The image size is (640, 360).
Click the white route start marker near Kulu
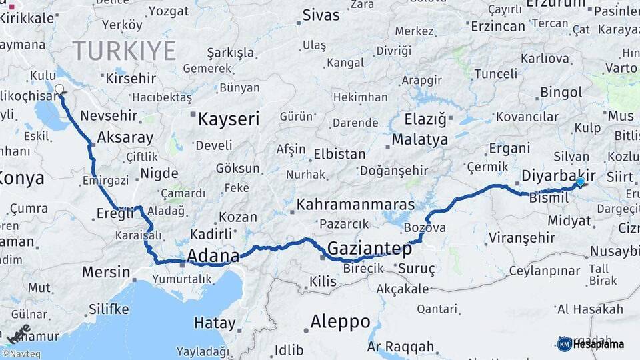point(59,89)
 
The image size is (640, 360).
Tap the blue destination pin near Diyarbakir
point(580,181)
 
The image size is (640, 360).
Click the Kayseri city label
point(229,119)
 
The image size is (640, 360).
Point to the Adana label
point(213,256)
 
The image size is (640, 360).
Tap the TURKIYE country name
point(124,51)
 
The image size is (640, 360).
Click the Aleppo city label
point(340,321)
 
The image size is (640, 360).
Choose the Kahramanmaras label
point(355,204)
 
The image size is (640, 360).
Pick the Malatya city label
point(419,140)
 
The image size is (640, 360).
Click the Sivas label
point(321,15)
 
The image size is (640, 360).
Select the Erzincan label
point(498,26)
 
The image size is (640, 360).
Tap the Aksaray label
point(125,137)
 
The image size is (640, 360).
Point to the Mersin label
point(106,271)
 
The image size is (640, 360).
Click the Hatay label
point(215,323)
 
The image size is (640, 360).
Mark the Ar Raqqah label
point(400,347)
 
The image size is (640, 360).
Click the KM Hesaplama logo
point(591,344)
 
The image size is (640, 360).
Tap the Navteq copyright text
point(21,354)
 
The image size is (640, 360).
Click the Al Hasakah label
point(589,309)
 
